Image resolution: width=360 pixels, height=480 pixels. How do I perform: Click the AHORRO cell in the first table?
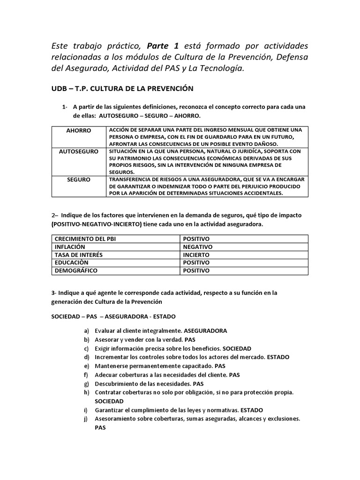[78, 130]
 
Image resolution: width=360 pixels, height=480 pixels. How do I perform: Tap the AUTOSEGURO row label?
[78, 152]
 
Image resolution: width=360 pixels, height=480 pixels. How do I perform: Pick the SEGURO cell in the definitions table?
[78, 180]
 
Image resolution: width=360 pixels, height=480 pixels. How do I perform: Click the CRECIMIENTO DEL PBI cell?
[85, 239]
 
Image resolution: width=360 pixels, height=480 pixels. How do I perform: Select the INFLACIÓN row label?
[70, 247]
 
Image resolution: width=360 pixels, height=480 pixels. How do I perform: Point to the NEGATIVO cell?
[197, 247]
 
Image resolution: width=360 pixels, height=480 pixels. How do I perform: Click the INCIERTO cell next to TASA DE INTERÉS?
[196, 255]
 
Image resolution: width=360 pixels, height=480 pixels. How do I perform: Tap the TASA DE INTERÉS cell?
[78, 255]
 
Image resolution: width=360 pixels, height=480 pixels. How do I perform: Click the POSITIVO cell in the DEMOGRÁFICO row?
[196, 270]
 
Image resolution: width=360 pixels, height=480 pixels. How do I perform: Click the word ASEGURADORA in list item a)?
[205, 330]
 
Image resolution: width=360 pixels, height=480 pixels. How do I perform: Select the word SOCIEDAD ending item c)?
[237, 348]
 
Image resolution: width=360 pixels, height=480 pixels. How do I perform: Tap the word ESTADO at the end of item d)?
[278, 357]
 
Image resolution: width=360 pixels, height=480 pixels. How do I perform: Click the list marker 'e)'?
[86, 366]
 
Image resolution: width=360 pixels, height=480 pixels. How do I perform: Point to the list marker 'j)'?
[87, 419]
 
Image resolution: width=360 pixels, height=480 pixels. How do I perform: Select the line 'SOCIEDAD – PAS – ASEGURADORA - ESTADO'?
[113, 316]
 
